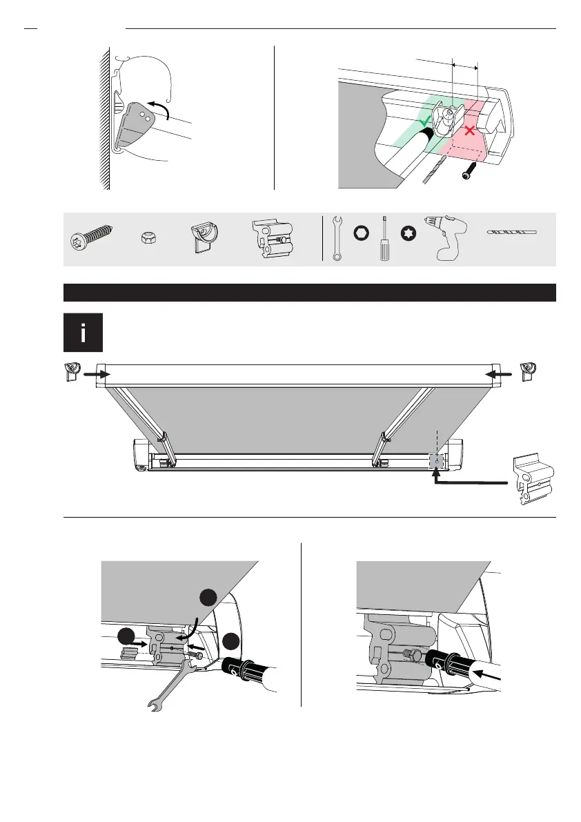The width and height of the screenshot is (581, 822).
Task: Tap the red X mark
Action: coord(470,130)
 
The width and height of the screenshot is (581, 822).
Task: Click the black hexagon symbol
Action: coord(360,233)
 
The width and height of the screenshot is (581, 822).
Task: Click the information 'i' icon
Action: coord(83,333)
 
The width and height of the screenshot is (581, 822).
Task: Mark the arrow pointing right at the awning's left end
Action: coord(96,373)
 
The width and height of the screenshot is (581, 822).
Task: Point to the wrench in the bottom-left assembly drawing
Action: coord(169,683)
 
